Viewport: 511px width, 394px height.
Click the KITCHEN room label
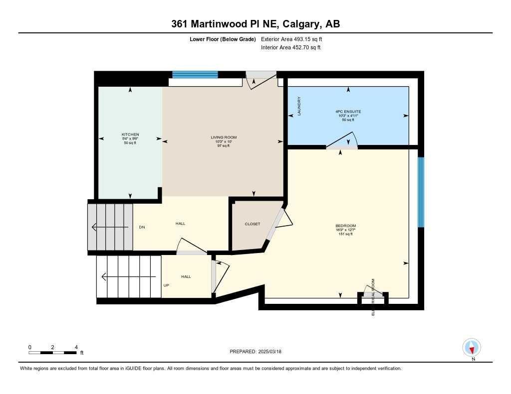tap(130, 134)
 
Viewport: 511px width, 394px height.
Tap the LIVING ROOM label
tap(223, 137)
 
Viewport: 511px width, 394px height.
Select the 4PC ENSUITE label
tap(348, 112)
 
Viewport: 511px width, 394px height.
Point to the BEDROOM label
tap(345, 226)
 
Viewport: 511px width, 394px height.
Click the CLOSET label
tap(252, 224)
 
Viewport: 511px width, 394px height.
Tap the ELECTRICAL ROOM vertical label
tap(373, 297)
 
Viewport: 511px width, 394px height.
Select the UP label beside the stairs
tap(166, 285)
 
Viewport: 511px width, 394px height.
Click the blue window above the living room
tap(195, 75)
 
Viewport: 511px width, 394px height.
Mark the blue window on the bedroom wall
tap(421, 192)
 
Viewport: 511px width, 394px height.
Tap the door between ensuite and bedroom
tap(342, 141)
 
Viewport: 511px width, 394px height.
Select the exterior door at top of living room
tap(261, 79)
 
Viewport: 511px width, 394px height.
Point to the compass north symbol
tap(472, 347)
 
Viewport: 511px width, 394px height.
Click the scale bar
tap(52, 353)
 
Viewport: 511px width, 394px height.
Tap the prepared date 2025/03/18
tap(273, 352)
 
